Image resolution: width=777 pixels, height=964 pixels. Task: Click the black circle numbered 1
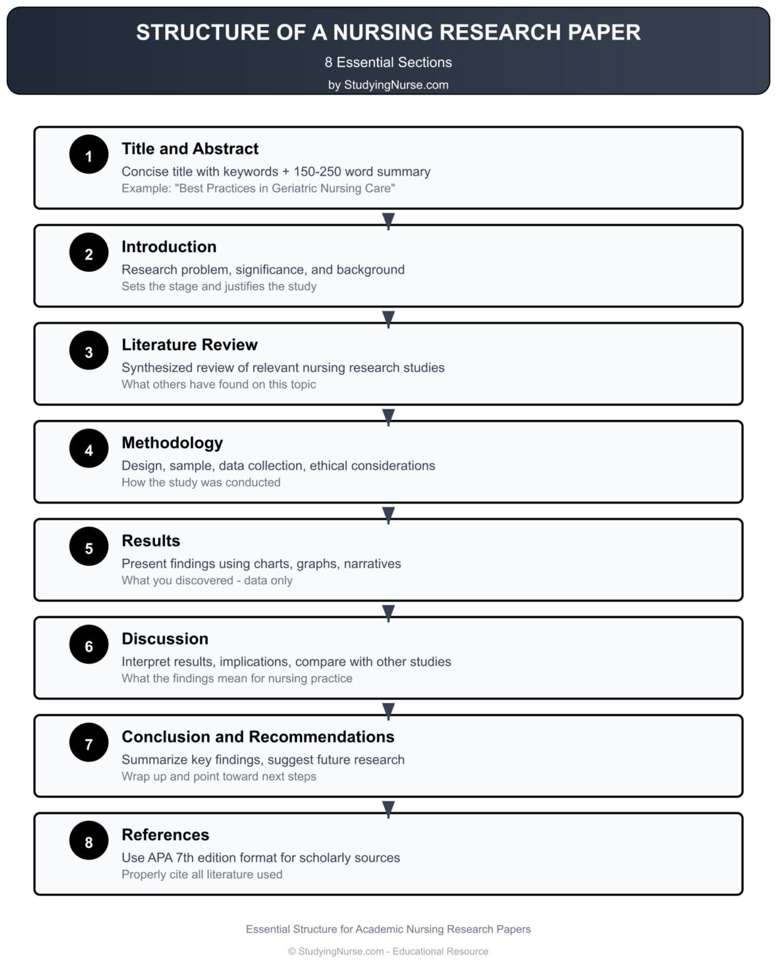(x=88, y=154)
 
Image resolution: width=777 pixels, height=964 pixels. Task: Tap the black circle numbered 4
(x=88, y=449)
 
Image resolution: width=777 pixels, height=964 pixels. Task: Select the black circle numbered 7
(x=88, y=742)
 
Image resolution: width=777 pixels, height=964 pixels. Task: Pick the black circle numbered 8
(x=88, y=840)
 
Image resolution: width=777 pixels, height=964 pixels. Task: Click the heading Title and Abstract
(x=190, y=149)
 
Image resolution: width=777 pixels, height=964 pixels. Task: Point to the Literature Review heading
(x=190, y=345)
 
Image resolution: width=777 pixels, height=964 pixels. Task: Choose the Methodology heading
(x=172, y=442)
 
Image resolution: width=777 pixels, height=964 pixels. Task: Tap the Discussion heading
(x=164, y=638)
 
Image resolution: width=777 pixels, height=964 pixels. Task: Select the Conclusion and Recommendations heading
(x=258, y=736)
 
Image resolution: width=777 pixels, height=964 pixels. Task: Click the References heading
(x=165, y=835)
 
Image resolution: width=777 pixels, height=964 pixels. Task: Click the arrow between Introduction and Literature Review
(x=389, y=318)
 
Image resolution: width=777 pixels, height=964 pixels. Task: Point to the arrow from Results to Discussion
(x=389, y=612)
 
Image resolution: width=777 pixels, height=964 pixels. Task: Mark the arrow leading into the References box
(x=389, y=808)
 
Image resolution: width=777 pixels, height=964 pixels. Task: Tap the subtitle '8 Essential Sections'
(x=388, y=62)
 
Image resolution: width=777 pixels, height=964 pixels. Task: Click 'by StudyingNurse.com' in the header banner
(x=388, y=85)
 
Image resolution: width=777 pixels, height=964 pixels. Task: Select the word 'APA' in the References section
(x=159, y=857)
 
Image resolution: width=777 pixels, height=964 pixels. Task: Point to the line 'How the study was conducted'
(x=201, y=482)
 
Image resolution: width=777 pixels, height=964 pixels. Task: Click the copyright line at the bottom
(x=388, y=951)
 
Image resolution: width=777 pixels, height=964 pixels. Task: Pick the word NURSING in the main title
(x=382, y=32)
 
